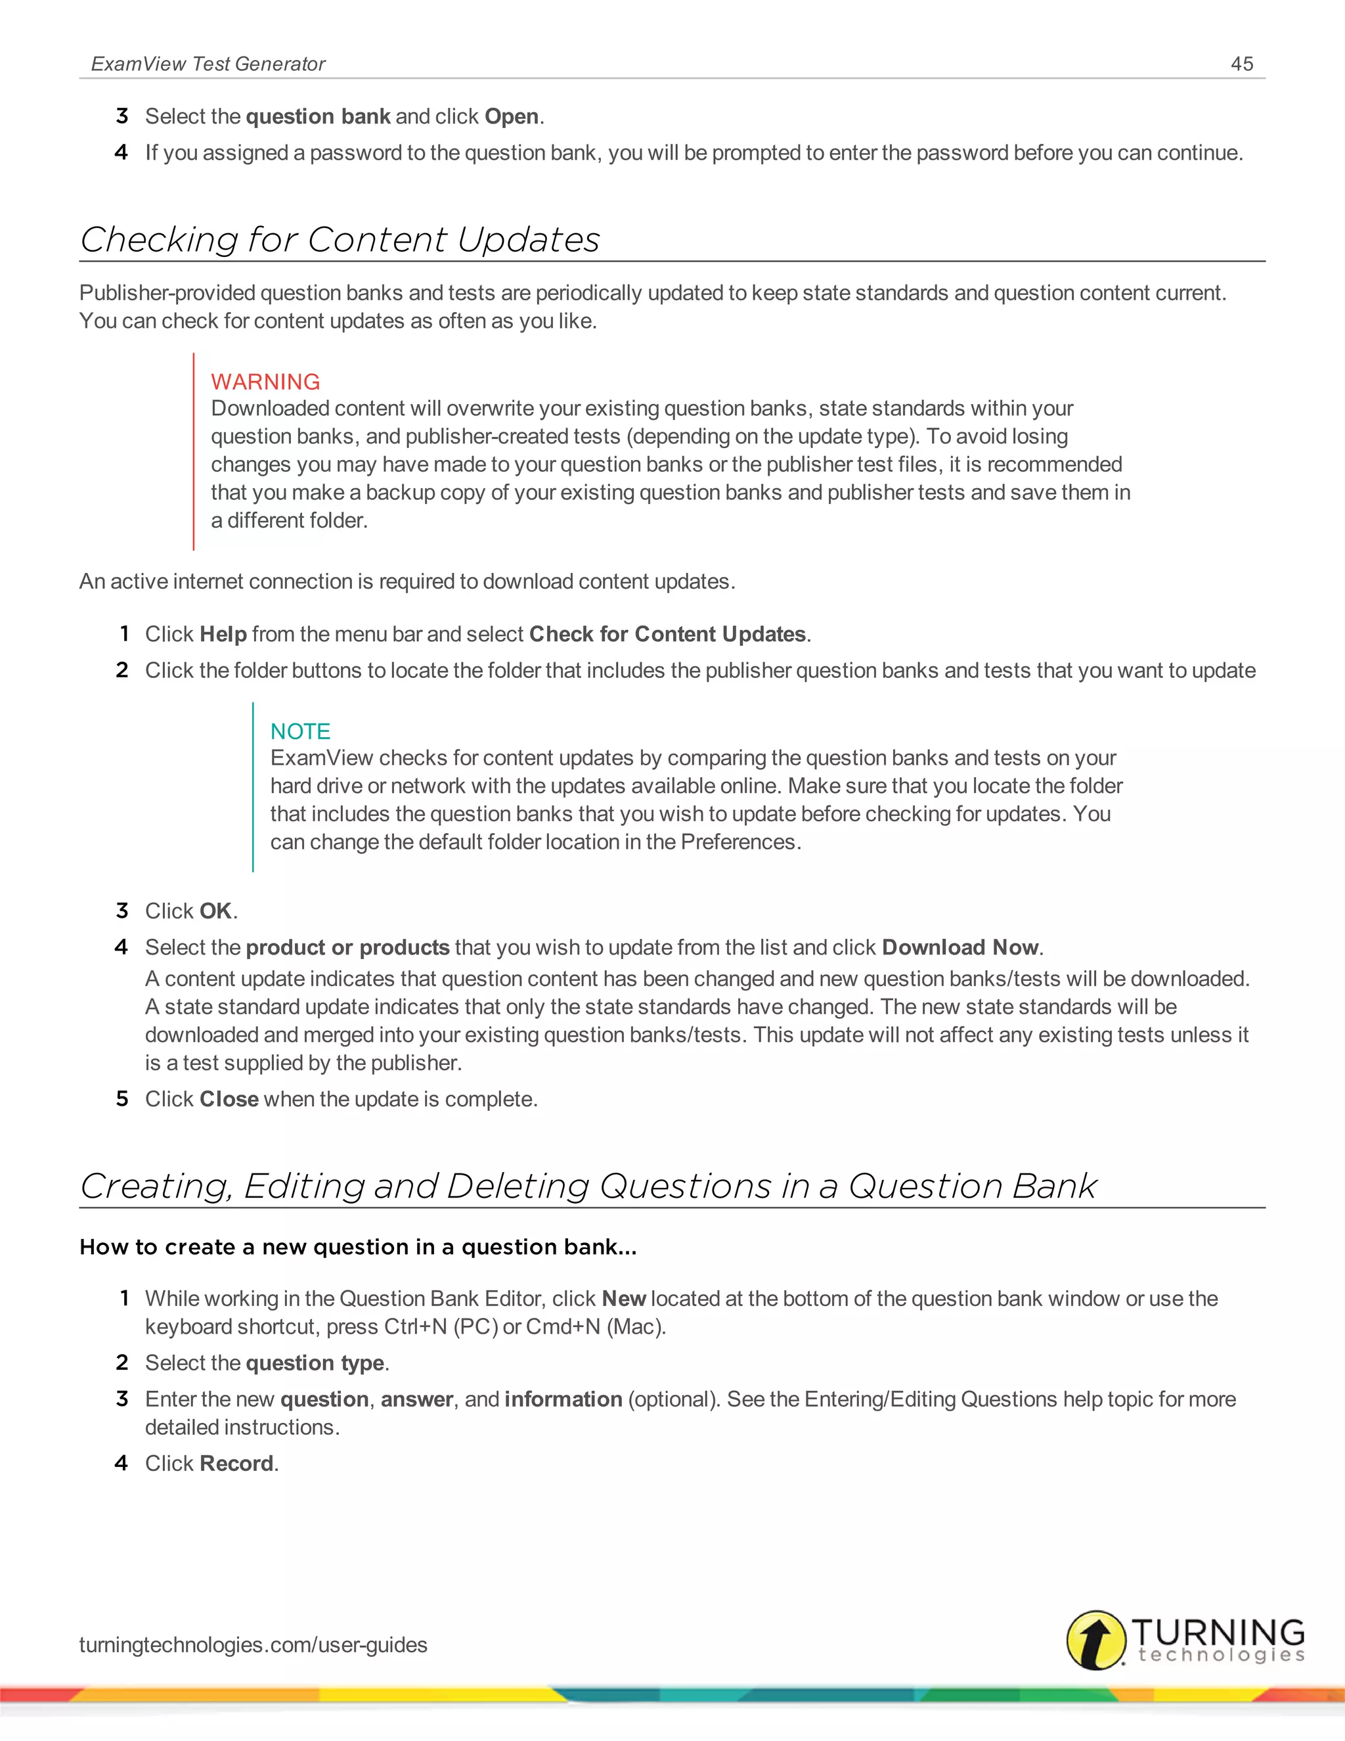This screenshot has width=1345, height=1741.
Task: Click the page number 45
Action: coord(1241,64)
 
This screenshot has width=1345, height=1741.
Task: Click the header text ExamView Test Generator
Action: coord(208,64)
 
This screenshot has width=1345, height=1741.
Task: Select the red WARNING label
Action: coord(265,382)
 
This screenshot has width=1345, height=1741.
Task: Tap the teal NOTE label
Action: coord(300,731)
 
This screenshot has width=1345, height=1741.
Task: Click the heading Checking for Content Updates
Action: coord(340,240)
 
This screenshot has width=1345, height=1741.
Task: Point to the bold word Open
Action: coord(512,116)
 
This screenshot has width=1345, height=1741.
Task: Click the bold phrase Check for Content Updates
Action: coord(668,634)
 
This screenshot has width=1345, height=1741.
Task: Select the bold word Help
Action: coord(223,634)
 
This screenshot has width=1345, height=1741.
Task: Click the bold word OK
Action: coord(215,911)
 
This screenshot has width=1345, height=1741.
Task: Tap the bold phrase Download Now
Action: coord(960,947)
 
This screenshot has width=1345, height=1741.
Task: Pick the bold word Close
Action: coord(229,1098)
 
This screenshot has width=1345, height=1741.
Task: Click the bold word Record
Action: coord(236,1463)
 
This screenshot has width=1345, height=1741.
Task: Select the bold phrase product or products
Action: coord(347,947)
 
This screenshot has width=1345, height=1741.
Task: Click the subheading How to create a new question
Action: coord(358,1247)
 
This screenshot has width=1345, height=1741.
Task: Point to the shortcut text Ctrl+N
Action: coord(415,1326)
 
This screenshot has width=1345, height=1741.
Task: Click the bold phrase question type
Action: coord(315,1363)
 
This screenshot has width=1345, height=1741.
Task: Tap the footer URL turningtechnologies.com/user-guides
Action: coord(254,1644)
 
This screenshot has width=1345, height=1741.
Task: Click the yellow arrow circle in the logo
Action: coord(1095,1640)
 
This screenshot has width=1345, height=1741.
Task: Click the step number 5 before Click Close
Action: coord(122,1098)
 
